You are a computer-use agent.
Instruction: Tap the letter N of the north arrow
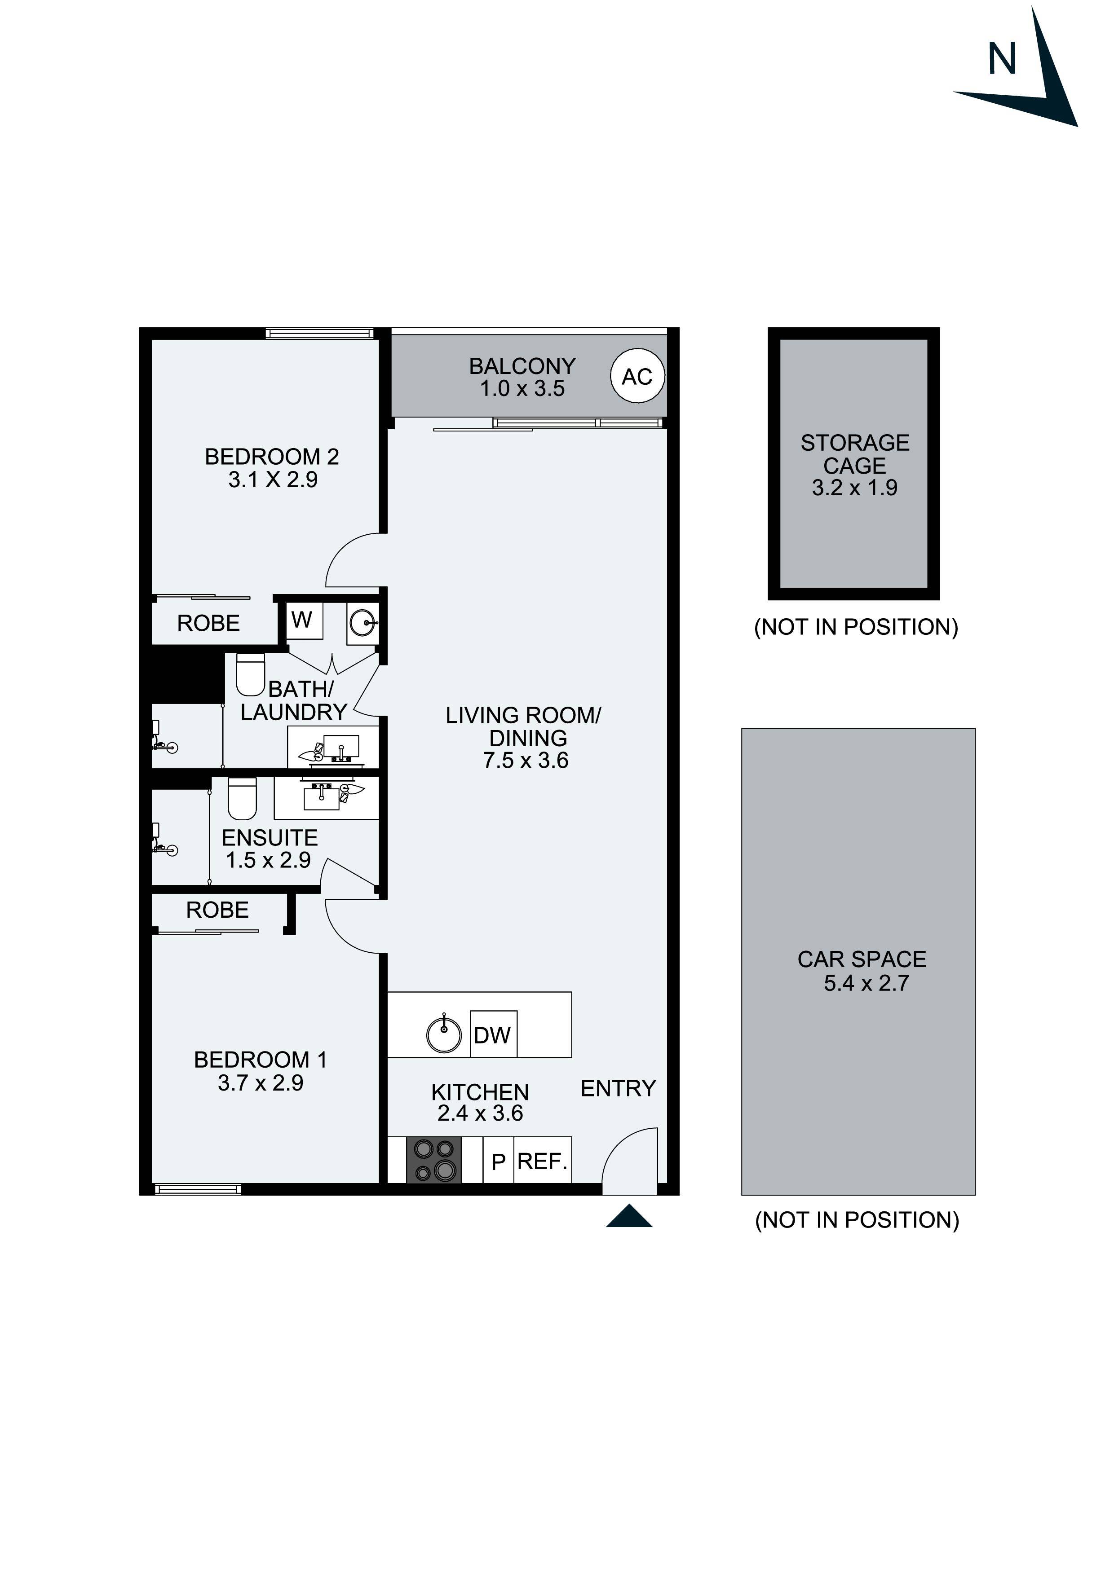point(1001,60)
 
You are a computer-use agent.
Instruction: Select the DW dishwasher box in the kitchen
point(493,1034)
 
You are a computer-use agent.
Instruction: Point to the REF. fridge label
point(542,1161)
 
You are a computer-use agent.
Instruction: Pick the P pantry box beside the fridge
point(498,1161)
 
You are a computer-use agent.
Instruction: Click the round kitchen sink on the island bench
point(444,1034)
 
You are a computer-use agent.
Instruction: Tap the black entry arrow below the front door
point(629,1216)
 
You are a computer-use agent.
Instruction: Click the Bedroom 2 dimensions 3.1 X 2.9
point(273,480)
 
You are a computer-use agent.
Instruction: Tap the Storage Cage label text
point(854,454)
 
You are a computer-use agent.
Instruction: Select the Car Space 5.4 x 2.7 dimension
point(866,983)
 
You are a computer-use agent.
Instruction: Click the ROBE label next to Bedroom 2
point(209,623)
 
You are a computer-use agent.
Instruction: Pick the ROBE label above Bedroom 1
point(217,910)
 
